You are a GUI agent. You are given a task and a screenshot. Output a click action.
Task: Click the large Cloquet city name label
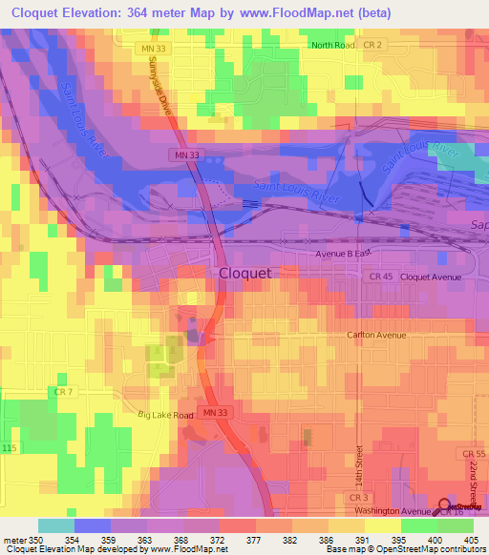(245, 273)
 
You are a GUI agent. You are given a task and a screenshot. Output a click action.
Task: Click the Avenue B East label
(343, 255)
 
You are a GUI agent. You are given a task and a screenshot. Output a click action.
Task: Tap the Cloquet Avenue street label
(431, 277)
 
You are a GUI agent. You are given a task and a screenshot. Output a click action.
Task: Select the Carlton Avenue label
(376, 336)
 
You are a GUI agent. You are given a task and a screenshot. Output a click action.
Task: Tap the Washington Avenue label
(391, 512)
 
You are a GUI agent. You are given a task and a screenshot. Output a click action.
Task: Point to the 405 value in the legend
(469, 540)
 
